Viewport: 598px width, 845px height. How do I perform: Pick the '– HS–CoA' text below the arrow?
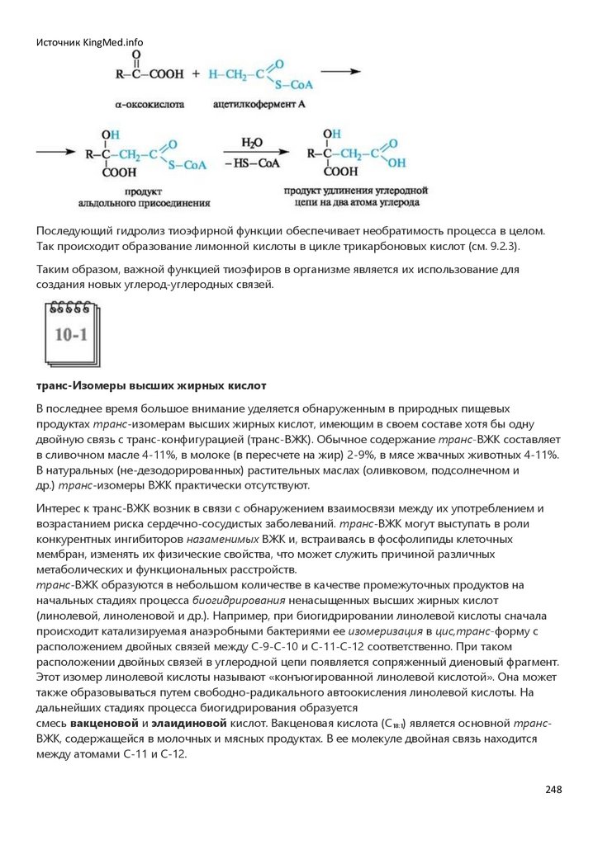click(x=253, y=165)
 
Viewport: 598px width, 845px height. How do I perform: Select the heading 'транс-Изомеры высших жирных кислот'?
click(x=151, y=385)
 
